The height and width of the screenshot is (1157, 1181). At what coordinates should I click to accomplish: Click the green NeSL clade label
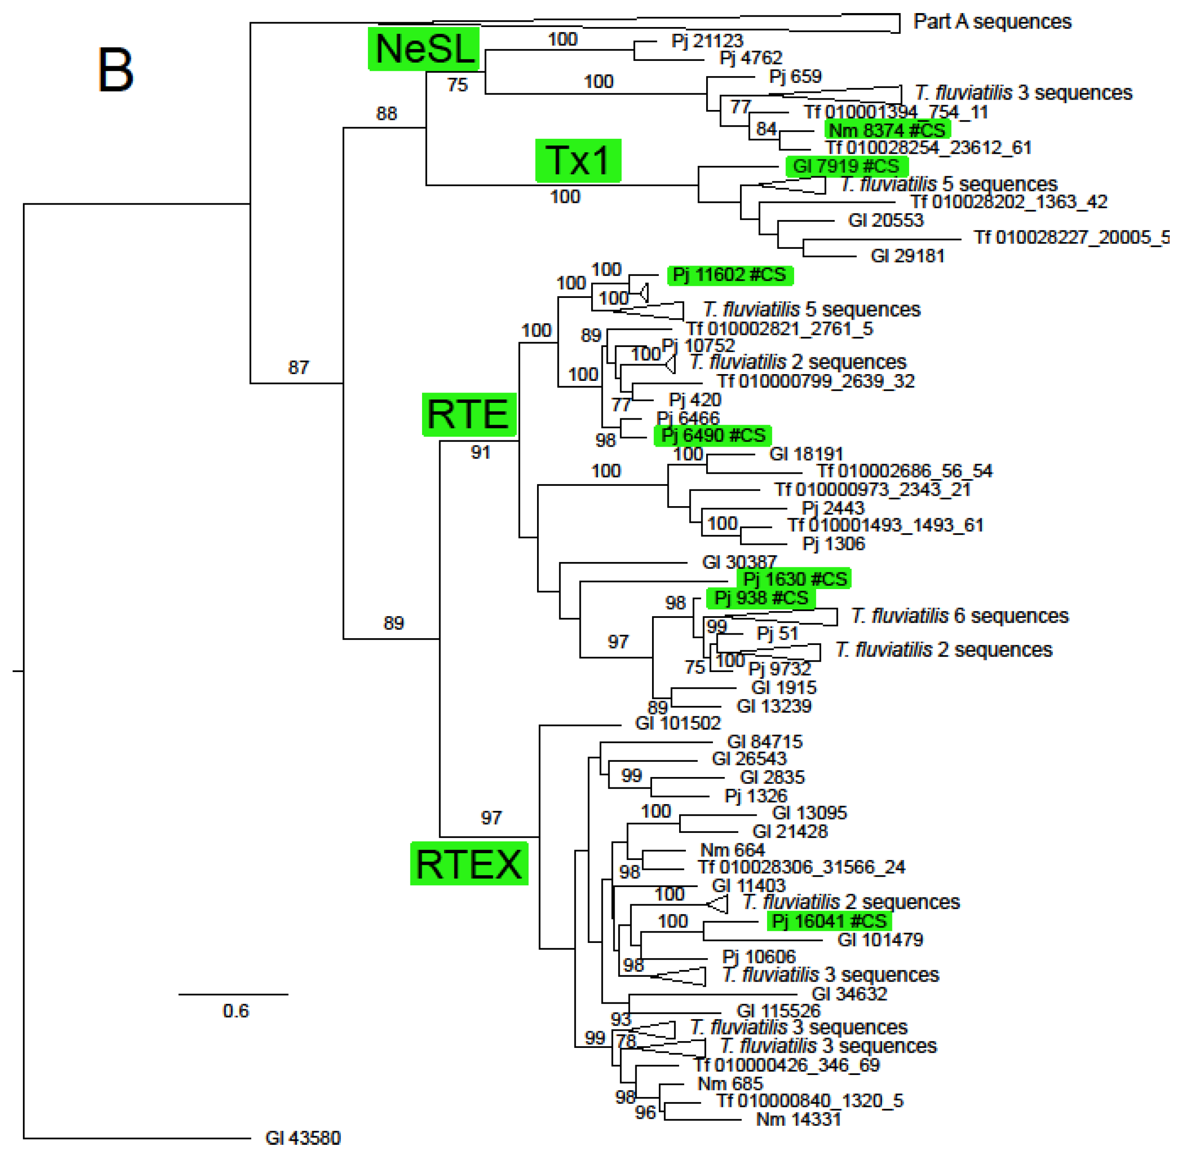click(x=423, y=49)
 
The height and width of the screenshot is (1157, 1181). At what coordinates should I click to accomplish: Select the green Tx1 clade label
click(x=578, y=160)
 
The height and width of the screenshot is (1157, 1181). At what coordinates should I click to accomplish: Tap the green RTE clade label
click(x=468, y=414)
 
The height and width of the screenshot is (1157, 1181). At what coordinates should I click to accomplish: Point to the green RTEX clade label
click(x=469, y=864)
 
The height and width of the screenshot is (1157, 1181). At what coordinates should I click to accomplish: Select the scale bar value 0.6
click(x=235, y=1011)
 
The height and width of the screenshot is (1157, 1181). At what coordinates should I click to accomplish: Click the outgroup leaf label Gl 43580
click(x=303, y=1137)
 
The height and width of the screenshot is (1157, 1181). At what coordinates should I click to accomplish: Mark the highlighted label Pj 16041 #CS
click(x=829, y=921)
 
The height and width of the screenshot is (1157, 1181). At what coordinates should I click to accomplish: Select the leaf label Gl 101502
click(x=677, y=723)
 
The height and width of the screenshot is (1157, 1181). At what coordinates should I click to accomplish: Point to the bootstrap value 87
click(x=299, y=367)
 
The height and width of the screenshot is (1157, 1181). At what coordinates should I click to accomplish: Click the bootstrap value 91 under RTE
click(x=480, y=452)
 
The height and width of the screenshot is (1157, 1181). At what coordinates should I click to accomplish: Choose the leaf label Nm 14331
click(x=798, y=1119)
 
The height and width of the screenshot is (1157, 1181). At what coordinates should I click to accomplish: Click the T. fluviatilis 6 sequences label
click(x=959, y=616)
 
